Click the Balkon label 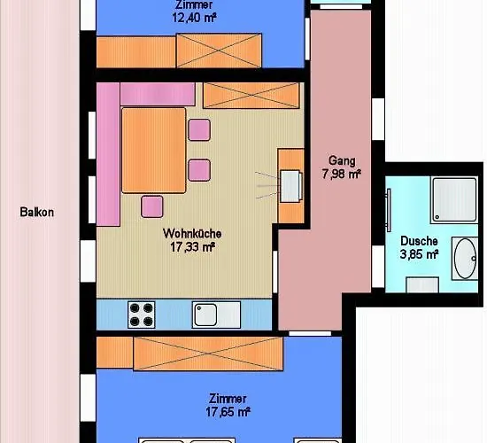tap(36, 213)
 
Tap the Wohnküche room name tap(192, 234)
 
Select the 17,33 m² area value tap(192, 247)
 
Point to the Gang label tap(342, 160)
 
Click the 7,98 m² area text tap(341, 174)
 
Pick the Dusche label tap(419, 241)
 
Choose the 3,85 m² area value tap(419, 254)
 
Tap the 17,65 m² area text tap(228, 412)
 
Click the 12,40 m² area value tap(194, 18)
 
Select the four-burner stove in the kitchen tap(142, 315)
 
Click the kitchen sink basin tap(205, 315)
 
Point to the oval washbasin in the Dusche tap(465, 259)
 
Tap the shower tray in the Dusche tap(455, 199)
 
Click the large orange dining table tap(154, 151)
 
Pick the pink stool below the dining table tap(152, 206)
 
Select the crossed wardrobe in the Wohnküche tap(251, 96)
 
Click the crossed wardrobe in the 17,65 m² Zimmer tap(208, 354)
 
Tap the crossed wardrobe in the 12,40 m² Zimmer tap(219, 51)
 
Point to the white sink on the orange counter tap(290, 186)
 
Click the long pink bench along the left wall tap(108, 154)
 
